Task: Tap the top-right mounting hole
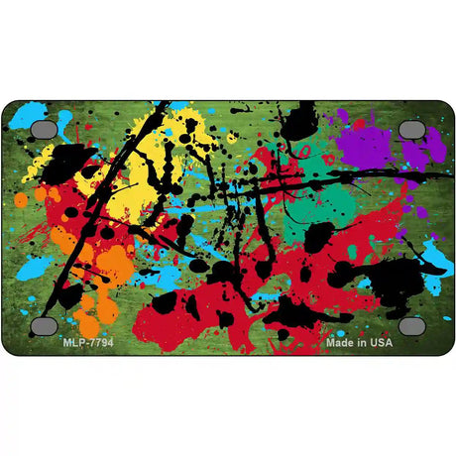coord(411,129)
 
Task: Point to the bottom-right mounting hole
coord(411,325)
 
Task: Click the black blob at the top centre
coord(297,124)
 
